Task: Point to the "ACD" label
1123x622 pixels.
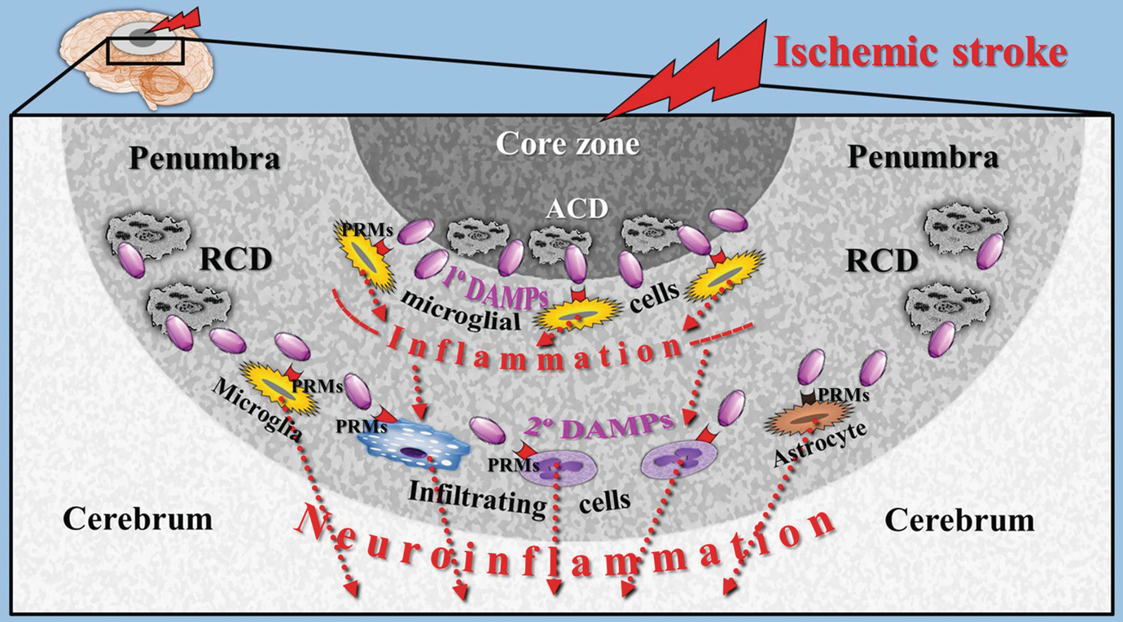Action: [576, 209]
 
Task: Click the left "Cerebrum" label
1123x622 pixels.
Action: [138, 518]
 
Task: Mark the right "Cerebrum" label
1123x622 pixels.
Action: [959, 519]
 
